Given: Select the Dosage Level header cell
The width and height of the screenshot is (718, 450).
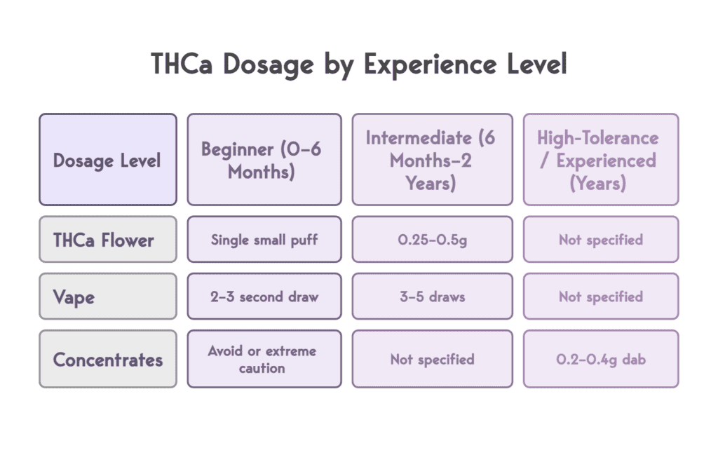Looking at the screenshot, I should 107,160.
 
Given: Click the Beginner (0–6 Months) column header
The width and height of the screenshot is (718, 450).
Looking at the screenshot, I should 264,160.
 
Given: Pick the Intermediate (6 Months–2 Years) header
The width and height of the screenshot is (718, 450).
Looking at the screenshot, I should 431,160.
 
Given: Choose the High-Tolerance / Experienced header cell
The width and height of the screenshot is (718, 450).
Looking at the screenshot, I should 601,160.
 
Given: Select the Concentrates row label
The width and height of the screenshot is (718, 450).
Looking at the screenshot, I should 107,360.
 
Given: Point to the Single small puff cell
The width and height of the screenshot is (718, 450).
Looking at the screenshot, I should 264,240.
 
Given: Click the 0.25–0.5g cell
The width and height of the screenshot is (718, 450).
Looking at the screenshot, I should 431,240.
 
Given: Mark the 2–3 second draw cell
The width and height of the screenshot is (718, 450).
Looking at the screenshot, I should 264,296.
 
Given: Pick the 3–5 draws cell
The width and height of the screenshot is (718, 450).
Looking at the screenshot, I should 431,296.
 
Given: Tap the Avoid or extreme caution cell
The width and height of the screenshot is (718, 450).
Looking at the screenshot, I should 264,360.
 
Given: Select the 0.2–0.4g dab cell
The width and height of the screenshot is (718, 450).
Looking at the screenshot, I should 601,360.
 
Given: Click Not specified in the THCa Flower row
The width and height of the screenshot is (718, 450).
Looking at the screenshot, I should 601,240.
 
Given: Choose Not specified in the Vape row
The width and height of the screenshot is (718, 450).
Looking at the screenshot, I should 601,296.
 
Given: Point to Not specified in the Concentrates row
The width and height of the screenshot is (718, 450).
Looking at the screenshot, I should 431,360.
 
